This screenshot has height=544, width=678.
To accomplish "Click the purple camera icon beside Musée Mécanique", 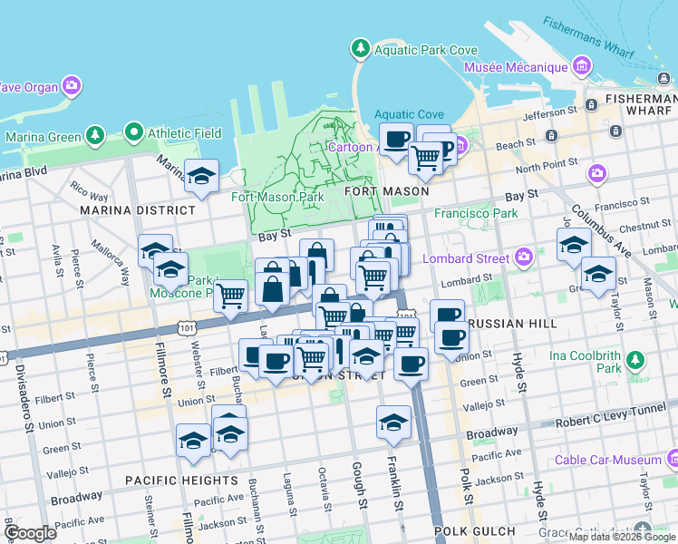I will [x=582, y=67].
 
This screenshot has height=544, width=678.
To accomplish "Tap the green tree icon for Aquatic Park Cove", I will [x=361, y=48].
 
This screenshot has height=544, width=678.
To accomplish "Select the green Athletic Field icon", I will [x=134, y=133].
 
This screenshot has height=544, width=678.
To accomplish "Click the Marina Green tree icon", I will [x=94, y=137].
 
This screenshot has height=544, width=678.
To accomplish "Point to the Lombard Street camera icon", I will [x=523, y=258].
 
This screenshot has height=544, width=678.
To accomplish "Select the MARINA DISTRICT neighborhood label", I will [x=137, y=210].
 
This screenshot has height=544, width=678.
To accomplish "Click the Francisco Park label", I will [x=476, y=214].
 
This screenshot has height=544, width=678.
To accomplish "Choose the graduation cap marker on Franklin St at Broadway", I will [x=393, y=422].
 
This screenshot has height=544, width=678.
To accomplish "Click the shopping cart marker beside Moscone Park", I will [x=231, y=295].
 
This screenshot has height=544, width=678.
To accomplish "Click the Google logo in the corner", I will [x=30, y=533].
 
